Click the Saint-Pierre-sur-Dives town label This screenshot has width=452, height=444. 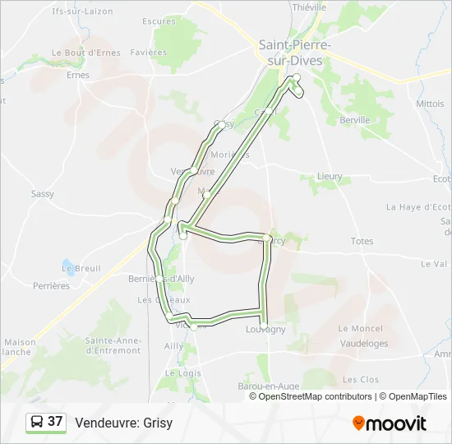(x=294, y=52)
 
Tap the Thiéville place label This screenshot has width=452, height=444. (x=309, y=7)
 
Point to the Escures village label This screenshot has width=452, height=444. (x=159, y=21)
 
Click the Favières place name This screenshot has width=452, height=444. (x=148, y=52)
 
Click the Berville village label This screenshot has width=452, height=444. (x=354, y=119)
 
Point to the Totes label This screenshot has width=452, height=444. (x=362, y=242)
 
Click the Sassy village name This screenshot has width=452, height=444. (x=42, y=194)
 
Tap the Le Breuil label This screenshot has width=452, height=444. (x=81, y=269)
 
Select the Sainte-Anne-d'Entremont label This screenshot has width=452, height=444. (x=113, y=345)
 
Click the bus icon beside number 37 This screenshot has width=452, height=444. (x=37, y=423)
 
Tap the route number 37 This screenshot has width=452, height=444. (x=55, y=422)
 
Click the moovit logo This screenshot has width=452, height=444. (x=390, y=423)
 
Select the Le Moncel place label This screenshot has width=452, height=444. (x=361, y=328)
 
